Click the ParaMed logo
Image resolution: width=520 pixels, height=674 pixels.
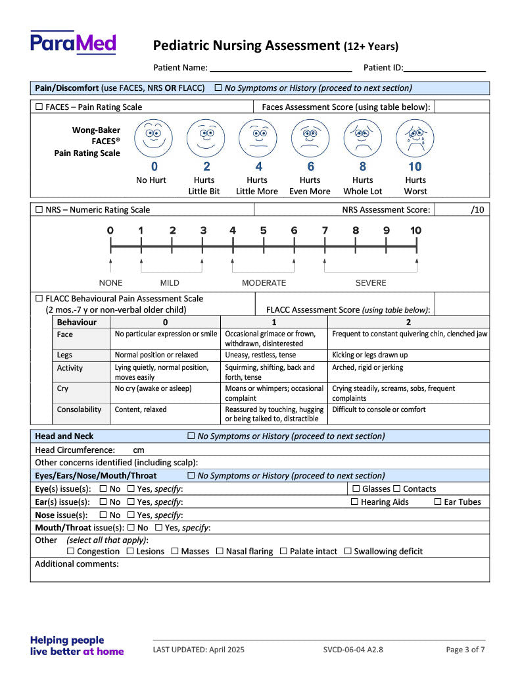pos(73,43)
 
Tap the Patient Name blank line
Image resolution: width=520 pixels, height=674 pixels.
pos(281,68)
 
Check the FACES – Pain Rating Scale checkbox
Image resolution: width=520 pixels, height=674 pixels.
pos(39,107)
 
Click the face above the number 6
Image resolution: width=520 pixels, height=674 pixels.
pos(310,138)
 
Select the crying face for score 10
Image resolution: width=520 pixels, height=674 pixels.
pos(415,138)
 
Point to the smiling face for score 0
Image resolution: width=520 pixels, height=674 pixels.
pos(154,138)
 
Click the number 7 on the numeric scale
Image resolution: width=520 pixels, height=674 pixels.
pos(325,230)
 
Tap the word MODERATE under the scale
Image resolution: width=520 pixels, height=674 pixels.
pos(264,283)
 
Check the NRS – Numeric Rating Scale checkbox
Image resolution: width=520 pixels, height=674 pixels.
pos(39,210)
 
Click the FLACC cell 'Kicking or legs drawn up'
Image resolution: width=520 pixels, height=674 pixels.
pos(370,355)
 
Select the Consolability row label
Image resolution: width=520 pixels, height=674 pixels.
pos(79,409)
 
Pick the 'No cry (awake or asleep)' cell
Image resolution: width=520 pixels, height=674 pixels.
pos(153,388)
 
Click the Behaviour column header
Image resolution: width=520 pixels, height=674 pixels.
pos(76,322)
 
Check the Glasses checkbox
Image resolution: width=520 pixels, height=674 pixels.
pos(356,489)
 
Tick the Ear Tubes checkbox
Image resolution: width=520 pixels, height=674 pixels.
pos(438,502)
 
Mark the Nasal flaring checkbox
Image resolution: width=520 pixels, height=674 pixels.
pos(220,552)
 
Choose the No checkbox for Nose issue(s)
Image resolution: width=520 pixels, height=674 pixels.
pos(103,515)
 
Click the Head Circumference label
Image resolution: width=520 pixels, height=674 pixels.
pos(75,450)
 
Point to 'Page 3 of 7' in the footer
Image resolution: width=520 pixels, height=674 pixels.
pos(465,650)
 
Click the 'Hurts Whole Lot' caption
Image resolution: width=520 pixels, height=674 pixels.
pos(362,186)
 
